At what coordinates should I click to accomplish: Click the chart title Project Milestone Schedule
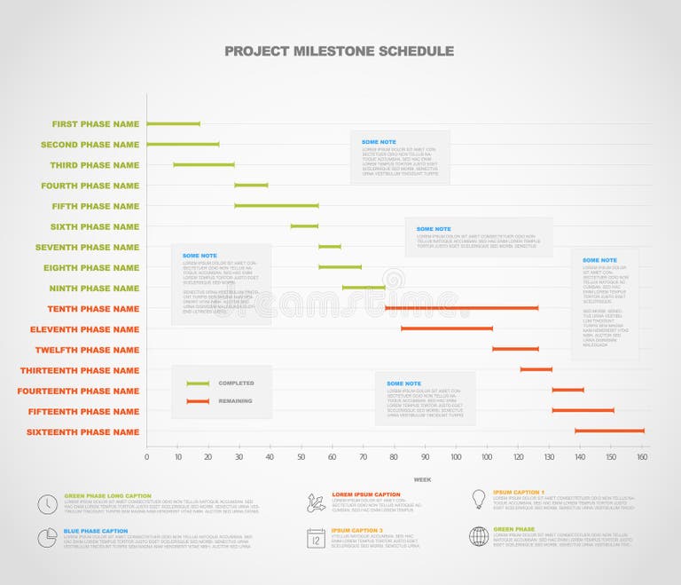pos(339,51)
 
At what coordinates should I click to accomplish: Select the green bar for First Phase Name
pos(173,124)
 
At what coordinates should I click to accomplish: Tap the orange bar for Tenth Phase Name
pos(461,308)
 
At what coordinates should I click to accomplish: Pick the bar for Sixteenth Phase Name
pos(609,431)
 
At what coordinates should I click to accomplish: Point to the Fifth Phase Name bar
pos(276,206)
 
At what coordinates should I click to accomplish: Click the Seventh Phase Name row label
pos(87,248)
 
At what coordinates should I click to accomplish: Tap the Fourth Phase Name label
pos(90,186)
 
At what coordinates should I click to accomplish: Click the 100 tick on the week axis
pos(456,457)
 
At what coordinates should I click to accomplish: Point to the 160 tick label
pos(642,457)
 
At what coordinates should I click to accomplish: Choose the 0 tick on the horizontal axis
pos(147,457)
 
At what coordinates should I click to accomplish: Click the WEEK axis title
pos(422,479)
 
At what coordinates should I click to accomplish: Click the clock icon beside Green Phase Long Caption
pos(47,504)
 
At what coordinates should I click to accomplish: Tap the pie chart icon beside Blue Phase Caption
pos(47,537)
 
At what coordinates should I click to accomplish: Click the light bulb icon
pos(479,499)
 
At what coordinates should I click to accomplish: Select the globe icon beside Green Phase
pos(479,536)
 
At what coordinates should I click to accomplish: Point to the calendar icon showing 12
pos(317,537)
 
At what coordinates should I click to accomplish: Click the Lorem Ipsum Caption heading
pos(366,494)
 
